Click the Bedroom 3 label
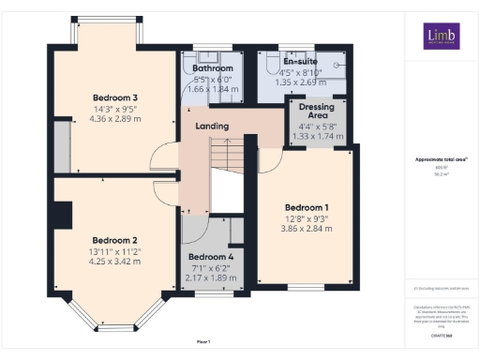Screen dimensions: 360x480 pos(115,97)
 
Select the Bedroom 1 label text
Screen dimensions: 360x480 pos(307,206)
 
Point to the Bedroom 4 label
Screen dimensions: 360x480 pos(212,257)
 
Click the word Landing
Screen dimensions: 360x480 pos(212,126)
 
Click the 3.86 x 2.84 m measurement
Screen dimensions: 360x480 pos(307,229)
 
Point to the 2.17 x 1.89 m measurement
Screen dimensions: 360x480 pos(212,278)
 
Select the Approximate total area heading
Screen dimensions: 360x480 pos(441,159)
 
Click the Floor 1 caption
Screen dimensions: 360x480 pos(203,341)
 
